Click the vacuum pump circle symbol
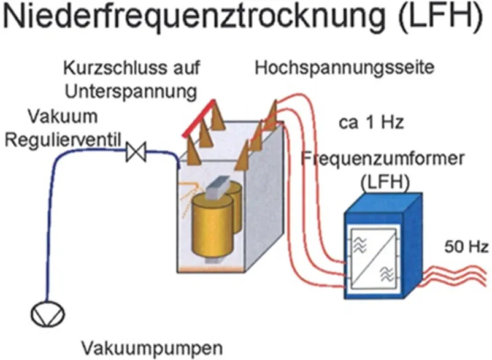(x=47, y=313)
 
